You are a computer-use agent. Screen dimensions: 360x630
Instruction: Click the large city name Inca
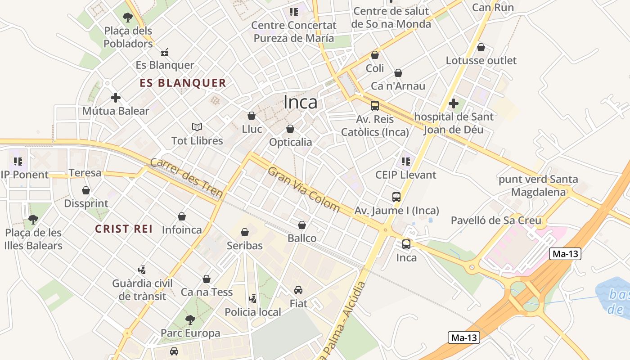300,103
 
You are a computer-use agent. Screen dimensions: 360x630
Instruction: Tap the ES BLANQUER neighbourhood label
183,83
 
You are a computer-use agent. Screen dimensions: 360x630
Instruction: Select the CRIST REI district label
124,229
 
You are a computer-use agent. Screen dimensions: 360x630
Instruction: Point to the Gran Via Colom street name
304,189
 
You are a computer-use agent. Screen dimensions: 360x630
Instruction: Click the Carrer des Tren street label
186,178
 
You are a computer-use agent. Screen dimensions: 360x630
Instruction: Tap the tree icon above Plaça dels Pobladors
128,18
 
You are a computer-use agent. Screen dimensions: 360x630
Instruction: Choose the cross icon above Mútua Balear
116,97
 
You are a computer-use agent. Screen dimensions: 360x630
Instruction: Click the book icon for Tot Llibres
197,127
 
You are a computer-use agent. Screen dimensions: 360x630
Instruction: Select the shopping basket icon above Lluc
252,116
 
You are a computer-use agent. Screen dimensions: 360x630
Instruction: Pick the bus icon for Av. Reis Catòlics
375,106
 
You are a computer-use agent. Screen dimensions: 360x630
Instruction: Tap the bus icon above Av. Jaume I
396,197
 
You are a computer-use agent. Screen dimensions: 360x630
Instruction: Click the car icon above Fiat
298,290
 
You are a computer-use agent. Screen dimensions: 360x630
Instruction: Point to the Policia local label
252,312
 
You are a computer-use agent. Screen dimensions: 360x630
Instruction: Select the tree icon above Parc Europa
190,320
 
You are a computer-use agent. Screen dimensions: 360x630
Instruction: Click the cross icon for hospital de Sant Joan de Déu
454,103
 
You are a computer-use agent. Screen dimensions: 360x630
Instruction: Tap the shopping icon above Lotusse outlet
481,47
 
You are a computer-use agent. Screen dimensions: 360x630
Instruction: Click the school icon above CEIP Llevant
406,161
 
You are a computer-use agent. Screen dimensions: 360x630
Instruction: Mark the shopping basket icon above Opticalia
290,129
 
